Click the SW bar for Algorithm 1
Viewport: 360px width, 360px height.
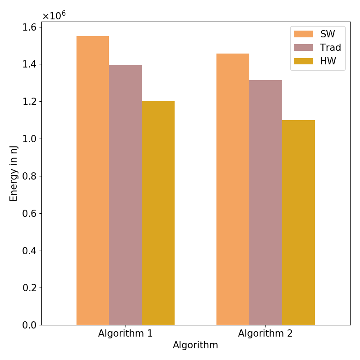pyautogui.click(x=93, y=180)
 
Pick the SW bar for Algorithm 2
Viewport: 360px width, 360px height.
pyautogui.click(x=233, y=189)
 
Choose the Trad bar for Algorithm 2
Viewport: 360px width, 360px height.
pyautogui.click(x=265, y=202)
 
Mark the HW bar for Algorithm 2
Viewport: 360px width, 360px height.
pyautogui.click(x=298, y=222)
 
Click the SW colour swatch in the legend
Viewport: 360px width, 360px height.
pyautogui.click(x=303, y=34)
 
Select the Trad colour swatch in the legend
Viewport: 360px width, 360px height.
pyautogui.click(x=303, y=47)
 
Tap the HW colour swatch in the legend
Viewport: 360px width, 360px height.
pyautogui.click(x=303, y=61)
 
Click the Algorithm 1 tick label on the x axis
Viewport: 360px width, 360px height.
pyautogui.click(x=125, y=334)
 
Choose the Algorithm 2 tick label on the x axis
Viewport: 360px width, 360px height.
pyautogui.click(x=265, y=334)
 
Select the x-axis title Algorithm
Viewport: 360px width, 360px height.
pyautogui.click(x=195, y=345)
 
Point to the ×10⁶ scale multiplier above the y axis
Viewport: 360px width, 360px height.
pyautogui.click(x=54, y=15)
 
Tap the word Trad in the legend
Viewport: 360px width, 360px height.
pyautogui.click(x=330, y=47)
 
